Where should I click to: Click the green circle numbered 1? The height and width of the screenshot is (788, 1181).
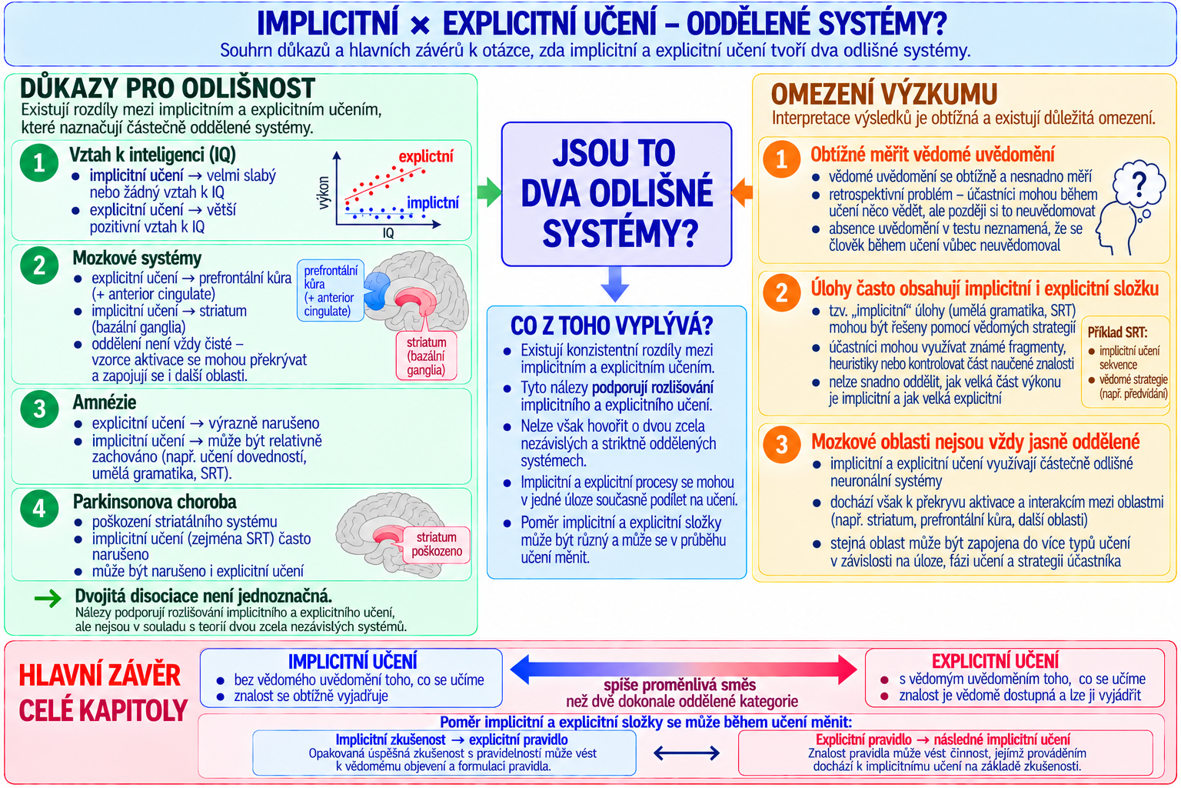39,163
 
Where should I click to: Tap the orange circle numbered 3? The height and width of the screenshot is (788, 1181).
781,445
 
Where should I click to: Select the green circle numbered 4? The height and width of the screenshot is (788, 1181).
39,509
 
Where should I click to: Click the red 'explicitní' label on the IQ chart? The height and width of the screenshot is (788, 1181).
425,156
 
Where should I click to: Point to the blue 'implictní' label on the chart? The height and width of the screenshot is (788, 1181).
432,202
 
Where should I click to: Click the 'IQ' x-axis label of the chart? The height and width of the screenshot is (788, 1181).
388,233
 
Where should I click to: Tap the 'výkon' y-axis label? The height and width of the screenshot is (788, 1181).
324,192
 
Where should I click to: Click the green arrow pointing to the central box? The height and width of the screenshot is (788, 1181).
490,192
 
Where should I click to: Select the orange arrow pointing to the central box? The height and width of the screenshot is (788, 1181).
742,192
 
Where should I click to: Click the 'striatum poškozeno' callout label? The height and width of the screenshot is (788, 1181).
437,544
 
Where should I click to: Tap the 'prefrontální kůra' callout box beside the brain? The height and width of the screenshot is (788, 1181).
331,291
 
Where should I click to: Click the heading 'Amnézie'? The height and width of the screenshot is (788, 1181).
105,402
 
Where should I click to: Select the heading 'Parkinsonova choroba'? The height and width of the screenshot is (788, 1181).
155,502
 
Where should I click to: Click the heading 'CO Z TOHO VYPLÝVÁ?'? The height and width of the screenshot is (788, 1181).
611,326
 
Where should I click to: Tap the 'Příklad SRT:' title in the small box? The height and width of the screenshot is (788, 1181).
1116,332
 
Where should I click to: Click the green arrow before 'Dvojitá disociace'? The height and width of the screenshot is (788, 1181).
48,598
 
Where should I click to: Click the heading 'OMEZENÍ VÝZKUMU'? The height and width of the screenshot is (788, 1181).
884,95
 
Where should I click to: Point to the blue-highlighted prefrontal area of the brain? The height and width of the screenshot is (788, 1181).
376,290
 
